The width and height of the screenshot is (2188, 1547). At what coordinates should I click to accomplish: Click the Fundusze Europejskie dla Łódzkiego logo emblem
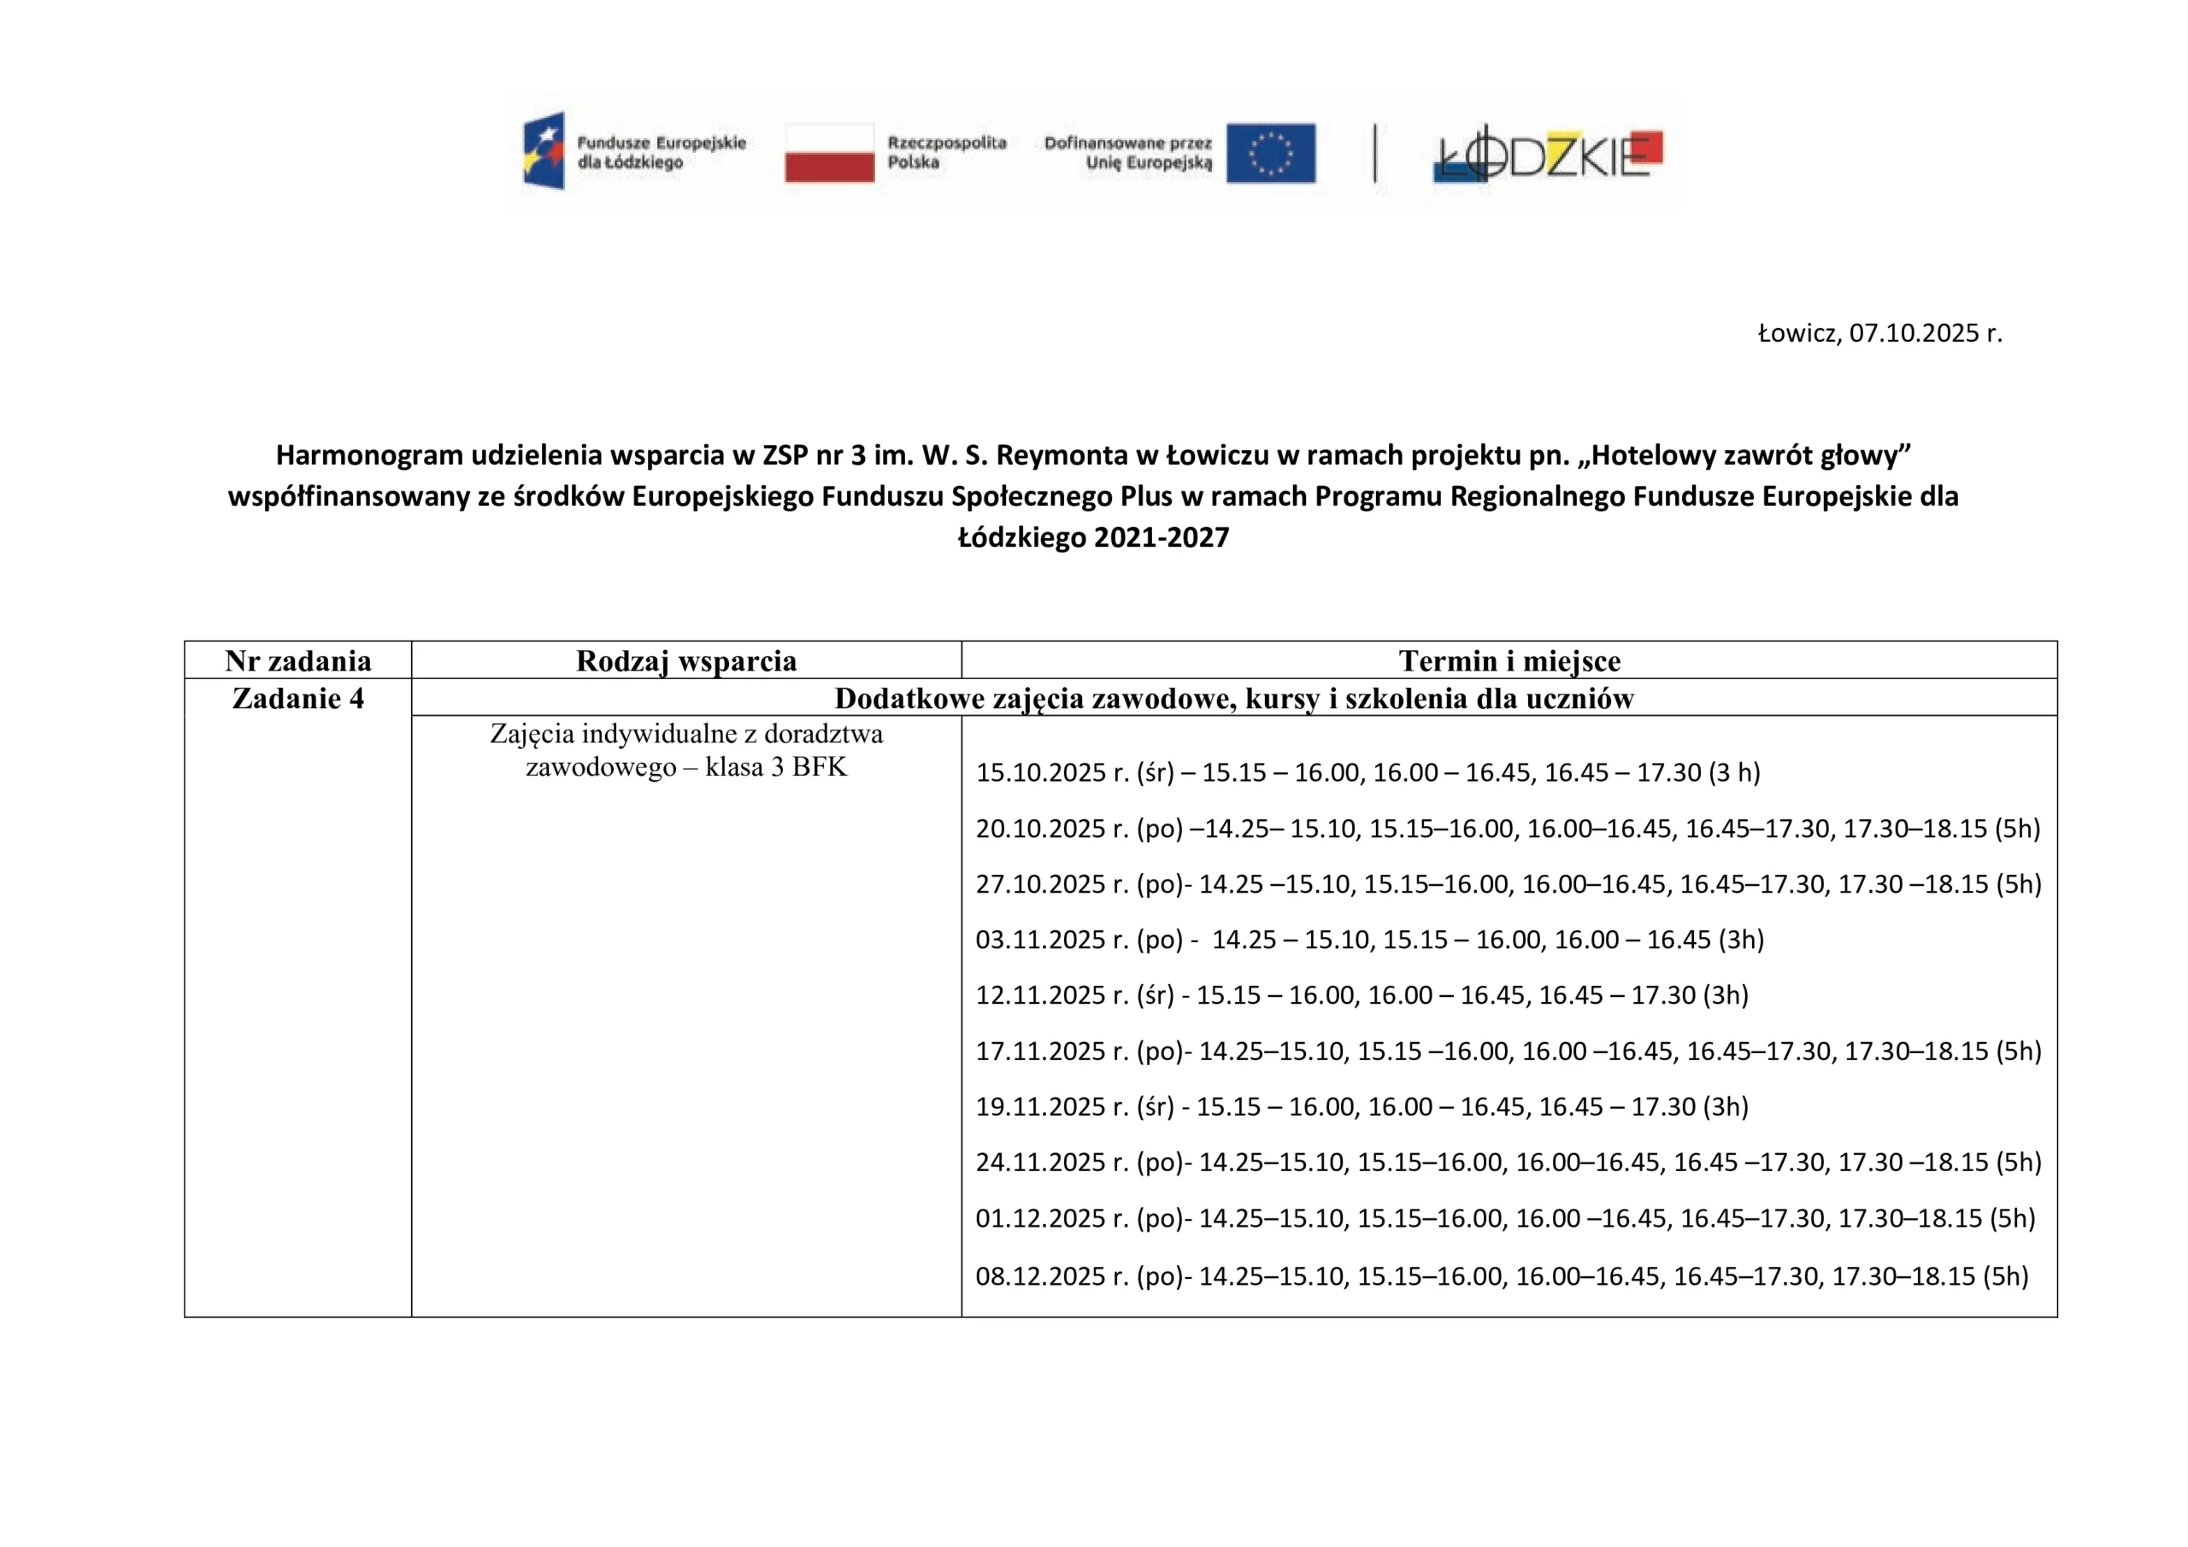(x=544, y=150)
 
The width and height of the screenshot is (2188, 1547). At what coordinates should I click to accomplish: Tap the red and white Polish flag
(x=829, y=152)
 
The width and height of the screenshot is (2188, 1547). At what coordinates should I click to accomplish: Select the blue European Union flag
(x=1270, y=152)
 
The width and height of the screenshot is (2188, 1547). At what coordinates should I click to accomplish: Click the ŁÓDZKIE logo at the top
(x=1549, y=155)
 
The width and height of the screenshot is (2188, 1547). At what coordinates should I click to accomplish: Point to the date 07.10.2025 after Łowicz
(x=1914, y=333)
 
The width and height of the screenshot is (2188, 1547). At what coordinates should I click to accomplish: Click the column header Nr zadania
(x=298, y=661)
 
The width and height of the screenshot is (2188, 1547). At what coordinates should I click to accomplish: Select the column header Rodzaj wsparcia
(x=686, y=661)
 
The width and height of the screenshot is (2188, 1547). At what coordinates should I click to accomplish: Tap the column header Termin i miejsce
(x=1509, y=661)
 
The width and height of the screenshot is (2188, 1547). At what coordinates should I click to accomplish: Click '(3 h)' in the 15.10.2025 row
(x=1734, y=772)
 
